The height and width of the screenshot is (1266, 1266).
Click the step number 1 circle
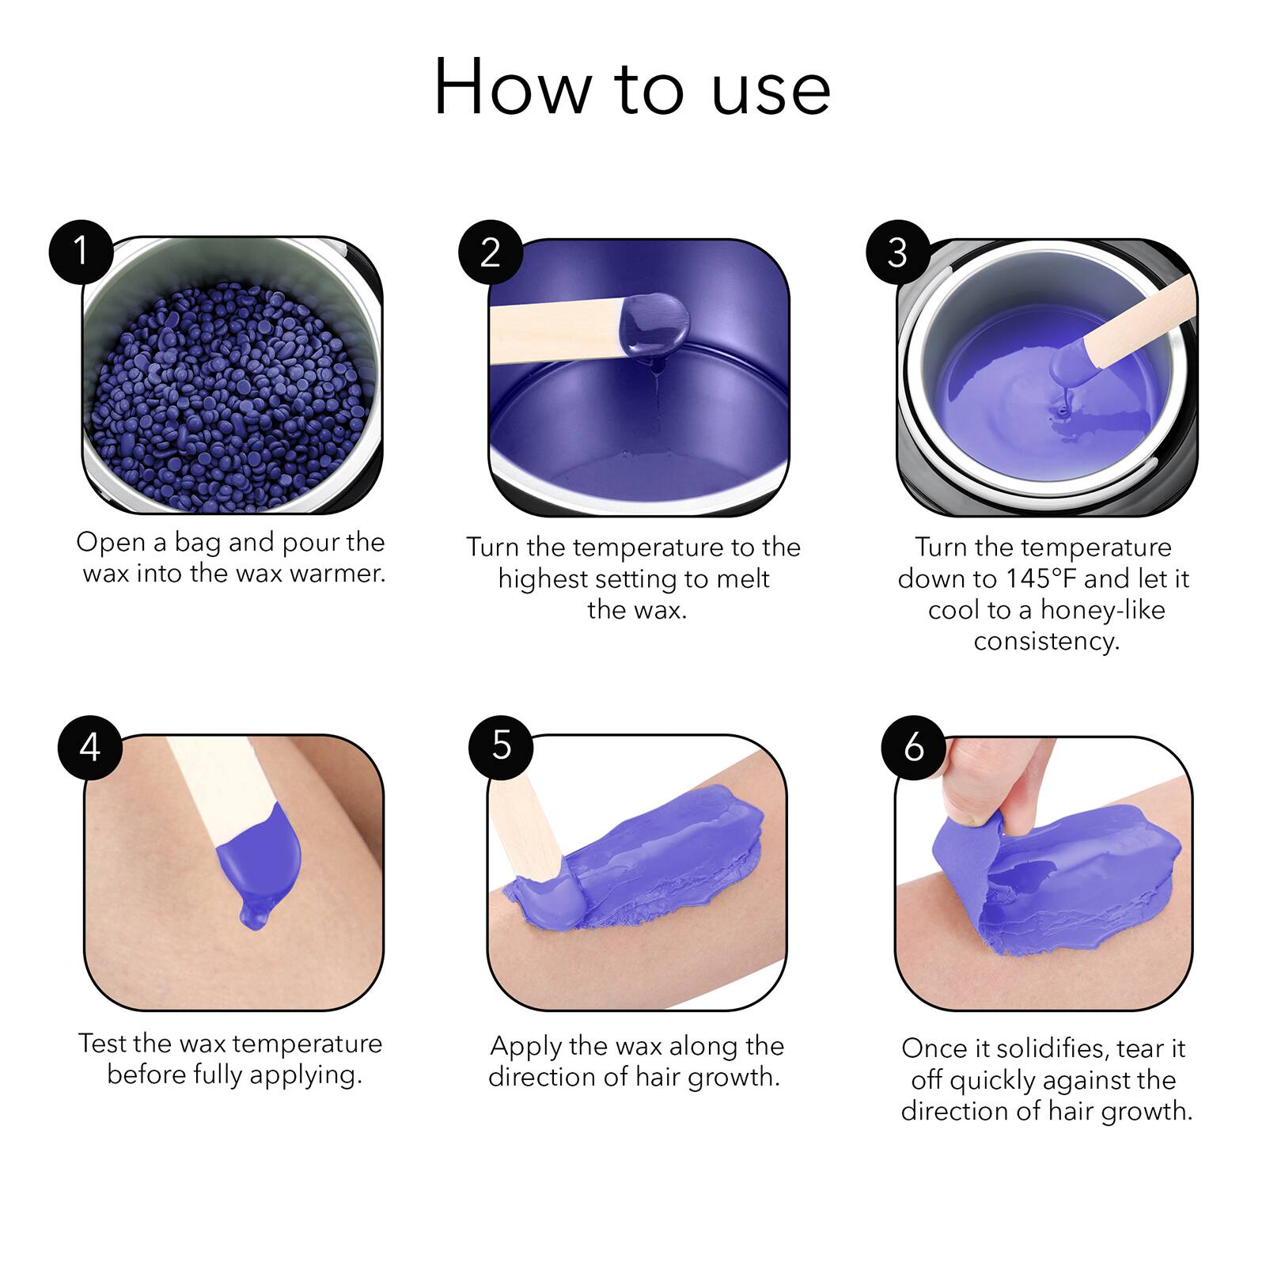click(x=81, y=252)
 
